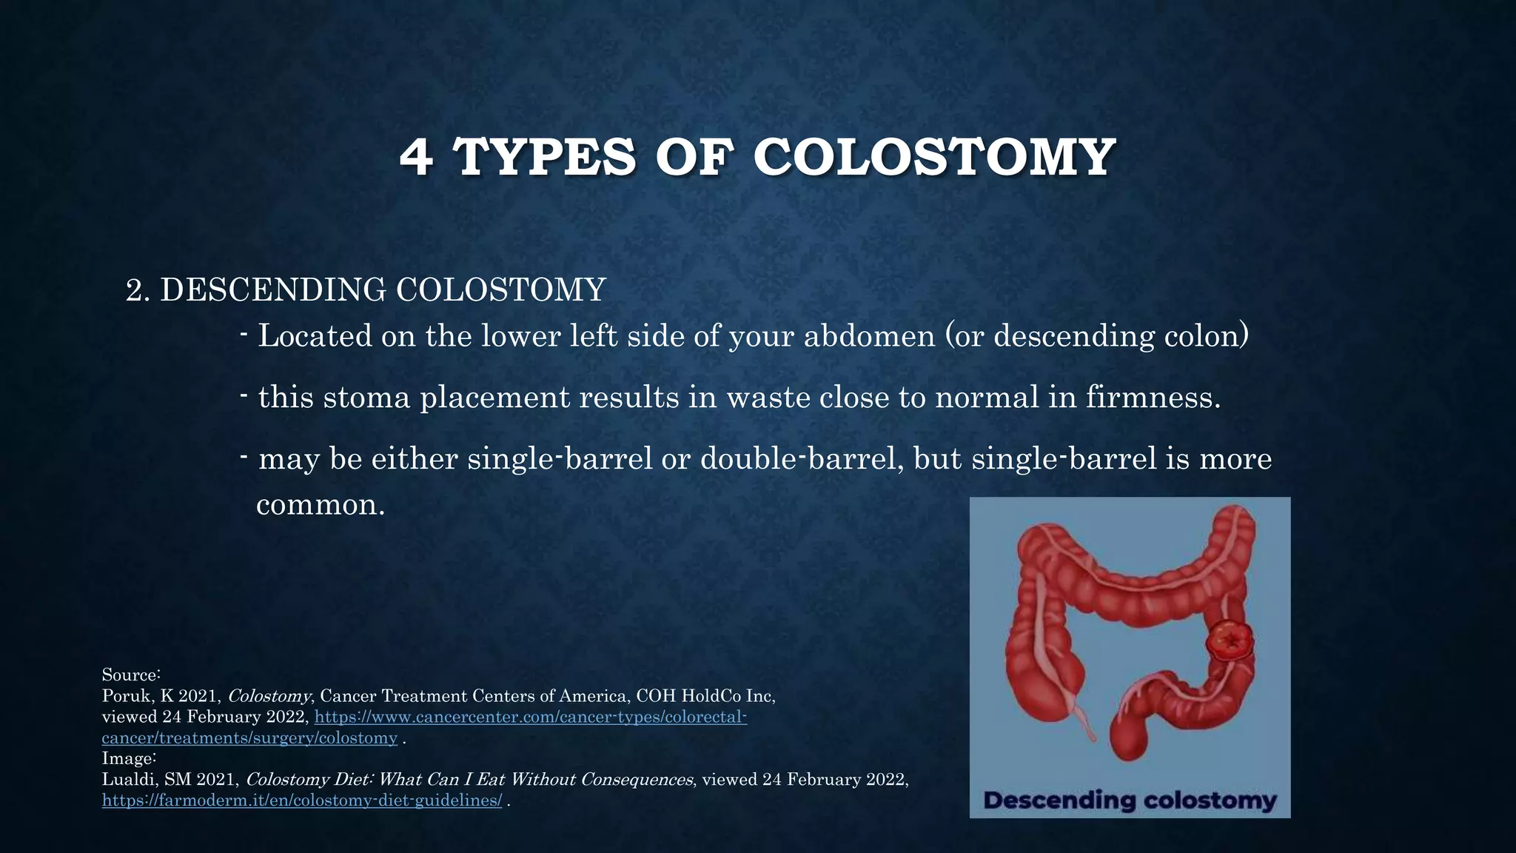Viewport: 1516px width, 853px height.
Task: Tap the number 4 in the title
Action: tap(416, 157)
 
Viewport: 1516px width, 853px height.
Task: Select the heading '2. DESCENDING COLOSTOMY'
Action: tap(366, 290)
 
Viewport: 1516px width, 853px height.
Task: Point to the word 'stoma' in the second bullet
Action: tap(366, 398)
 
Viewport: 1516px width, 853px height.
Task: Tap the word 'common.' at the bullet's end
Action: tap(321, 505)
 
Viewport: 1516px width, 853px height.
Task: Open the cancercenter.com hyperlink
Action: tap(531, 717)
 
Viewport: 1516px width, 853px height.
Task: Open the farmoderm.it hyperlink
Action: tap(302, 800)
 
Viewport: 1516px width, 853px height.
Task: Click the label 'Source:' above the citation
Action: tap(131, 675)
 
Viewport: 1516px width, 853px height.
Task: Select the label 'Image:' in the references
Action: tap(129, 759)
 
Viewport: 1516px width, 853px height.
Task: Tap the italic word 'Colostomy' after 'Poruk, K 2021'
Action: tap(269, 697)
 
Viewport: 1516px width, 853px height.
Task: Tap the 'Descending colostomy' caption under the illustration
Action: tap(1130, 800)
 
